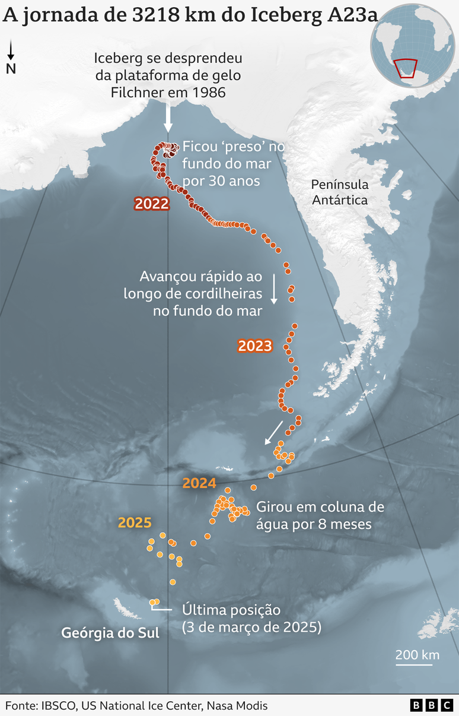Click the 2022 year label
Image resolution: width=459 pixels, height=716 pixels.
pos(152,204)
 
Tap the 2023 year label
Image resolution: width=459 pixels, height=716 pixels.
pos(254,346)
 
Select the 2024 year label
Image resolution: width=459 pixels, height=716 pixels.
pos(199,483)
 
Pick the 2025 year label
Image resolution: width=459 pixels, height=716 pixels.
pos(135,523)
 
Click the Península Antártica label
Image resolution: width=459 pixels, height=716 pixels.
pos(340,192)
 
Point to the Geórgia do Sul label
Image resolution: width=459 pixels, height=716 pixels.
pos(110,633)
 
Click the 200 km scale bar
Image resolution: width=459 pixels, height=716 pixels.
pos(417,664)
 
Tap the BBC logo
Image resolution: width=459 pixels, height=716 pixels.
pos(431,705)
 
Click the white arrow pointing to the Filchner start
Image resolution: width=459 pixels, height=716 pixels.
pos(168,117)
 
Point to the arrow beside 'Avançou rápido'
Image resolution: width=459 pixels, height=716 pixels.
pos(274,289)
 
